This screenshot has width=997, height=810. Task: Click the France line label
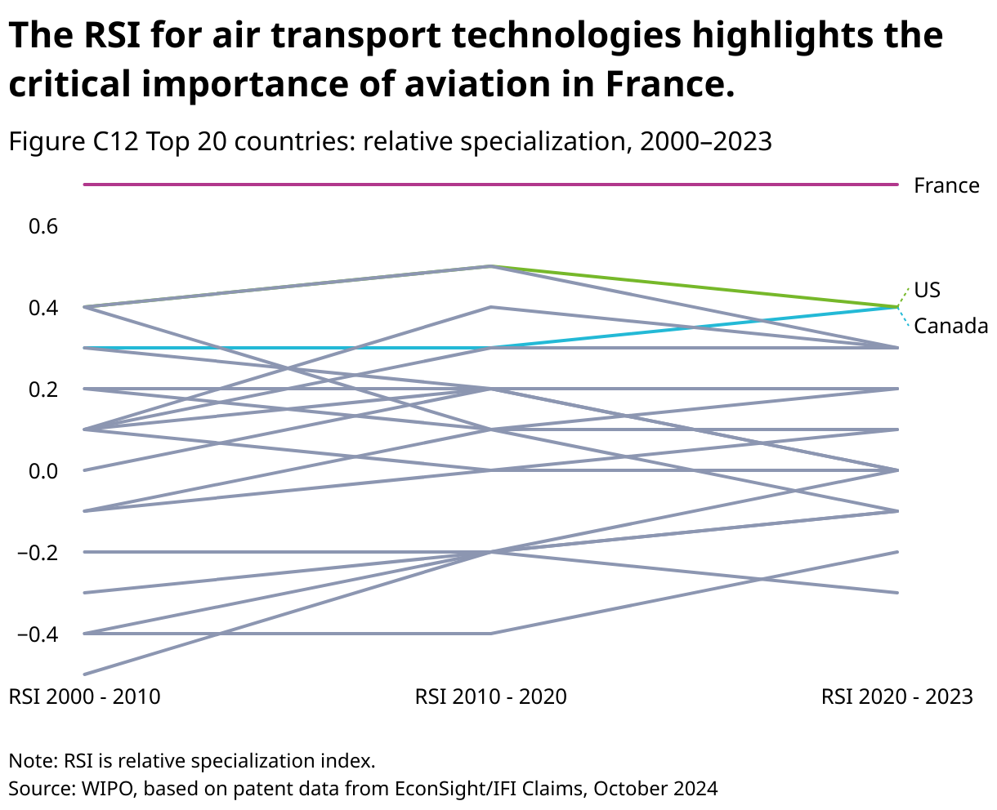[946, 185]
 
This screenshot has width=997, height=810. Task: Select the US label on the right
[927, 290]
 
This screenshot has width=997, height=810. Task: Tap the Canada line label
[950, 327]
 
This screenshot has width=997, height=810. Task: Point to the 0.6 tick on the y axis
[43, 226]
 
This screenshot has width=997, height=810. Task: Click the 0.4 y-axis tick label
[43, 308]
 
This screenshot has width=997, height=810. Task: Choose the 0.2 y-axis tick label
[43, 389]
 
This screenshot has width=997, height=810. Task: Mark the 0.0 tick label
[43, 471]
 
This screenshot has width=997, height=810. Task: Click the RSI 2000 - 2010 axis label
[84, 697]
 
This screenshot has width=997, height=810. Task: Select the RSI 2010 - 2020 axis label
[490, 697]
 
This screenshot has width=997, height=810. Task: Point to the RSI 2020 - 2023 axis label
[896, 697]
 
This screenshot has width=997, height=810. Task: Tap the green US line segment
[695, 287]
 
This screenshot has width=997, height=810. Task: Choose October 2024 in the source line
[655, 789]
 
